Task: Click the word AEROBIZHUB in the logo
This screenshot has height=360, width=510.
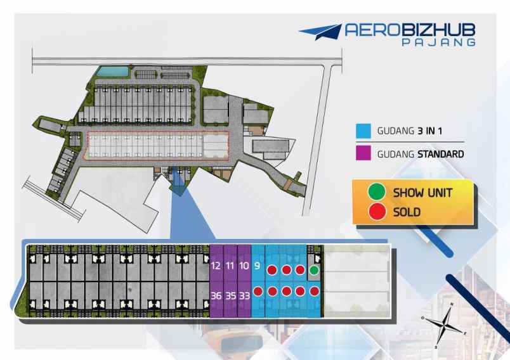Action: (410, 30)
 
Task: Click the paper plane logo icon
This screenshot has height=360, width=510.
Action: (320, 32)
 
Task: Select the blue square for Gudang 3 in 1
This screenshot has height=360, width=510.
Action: (363, 131)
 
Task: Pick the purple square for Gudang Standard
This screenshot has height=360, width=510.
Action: (363, 153)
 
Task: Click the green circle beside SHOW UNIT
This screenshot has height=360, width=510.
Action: (377, 192)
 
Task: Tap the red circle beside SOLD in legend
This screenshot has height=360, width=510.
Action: (377, 212)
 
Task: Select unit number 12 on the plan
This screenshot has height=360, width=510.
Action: (216, 266)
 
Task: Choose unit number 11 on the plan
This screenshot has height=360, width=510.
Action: (230, 266)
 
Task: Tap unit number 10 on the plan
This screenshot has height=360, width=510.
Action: (244, 266)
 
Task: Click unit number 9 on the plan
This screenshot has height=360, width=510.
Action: (258, 266)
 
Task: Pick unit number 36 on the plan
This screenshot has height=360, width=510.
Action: (216, 295)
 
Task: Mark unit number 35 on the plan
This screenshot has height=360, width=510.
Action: (230, 295)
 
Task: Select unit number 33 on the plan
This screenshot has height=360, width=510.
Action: (244, 295)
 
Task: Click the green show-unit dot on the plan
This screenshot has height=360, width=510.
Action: (314, 271)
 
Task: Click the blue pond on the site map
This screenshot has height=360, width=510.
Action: (109, 70)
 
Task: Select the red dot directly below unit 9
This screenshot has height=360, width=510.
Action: (271, 292)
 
